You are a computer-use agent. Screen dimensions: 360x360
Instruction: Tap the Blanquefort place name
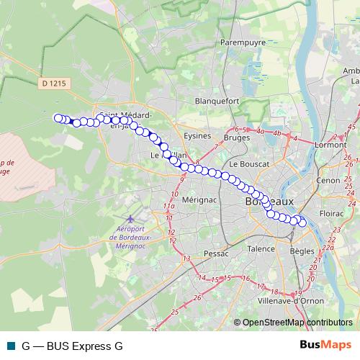(216, 102)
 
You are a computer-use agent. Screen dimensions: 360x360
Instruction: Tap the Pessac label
(215, 253)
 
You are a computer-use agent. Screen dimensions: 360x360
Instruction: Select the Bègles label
(302, 251)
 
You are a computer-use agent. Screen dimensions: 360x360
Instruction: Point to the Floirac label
(332, 214)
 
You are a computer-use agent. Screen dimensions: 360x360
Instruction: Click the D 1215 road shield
(53, 84)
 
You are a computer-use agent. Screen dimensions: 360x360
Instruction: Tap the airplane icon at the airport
(129, 218)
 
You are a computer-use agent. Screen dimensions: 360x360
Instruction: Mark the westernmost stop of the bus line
(58, 118)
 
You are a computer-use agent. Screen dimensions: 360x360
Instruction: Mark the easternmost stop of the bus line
(302, 223)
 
